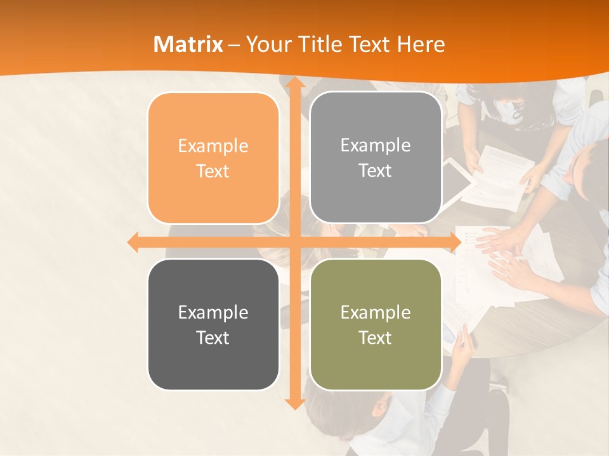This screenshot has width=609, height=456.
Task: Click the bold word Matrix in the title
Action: [x=188, y=44]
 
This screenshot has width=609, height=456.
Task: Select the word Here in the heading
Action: [x=421, y=44]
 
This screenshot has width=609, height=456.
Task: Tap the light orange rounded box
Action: [x=213, y=158]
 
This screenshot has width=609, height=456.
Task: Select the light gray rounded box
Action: [x=376, y=158]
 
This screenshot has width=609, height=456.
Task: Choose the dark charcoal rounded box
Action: [x=213, y=324]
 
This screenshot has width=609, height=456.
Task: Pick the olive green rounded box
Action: [x=376, y=324]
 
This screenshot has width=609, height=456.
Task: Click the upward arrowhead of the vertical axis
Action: [x=294, y=83]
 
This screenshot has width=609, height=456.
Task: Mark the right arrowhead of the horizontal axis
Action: [x=455, y=242]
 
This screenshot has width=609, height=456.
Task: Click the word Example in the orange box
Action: [x=213, y=146]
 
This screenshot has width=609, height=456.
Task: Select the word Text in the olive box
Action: [x=376, y=338]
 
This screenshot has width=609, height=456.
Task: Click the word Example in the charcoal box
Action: [x=213, y=312]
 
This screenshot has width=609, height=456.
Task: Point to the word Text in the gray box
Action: [x=376, y=171]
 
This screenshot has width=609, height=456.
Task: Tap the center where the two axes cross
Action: [x=294, y=242]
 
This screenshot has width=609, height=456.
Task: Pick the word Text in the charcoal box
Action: [x=213, y=338]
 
